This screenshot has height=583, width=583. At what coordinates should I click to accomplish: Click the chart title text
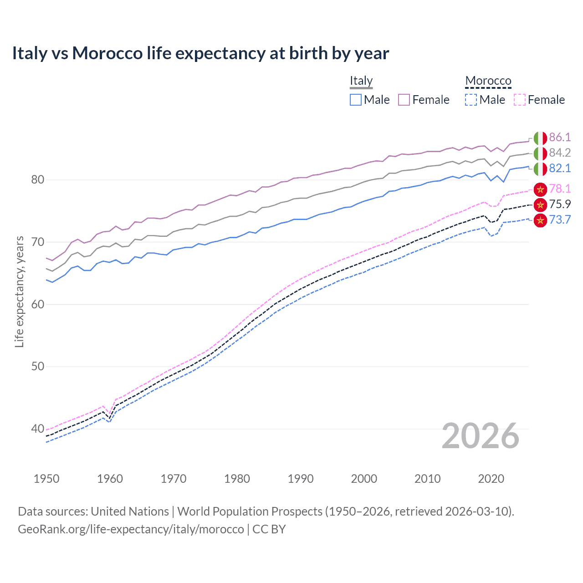tap(200, 53)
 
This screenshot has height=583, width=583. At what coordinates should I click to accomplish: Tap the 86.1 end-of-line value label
tap(560, 137)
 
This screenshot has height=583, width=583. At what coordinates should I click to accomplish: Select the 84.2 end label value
tap(560, 153)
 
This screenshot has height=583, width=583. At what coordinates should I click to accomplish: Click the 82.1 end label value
tap(560, 168)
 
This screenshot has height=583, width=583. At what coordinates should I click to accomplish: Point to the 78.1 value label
tap(560, 189)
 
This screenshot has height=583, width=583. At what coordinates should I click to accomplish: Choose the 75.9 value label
tap(560, 204)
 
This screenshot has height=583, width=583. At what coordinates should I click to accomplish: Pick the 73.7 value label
tap(560, 220)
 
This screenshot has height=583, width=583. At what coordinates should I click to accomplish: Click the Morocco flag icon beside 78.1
tap(540, 189)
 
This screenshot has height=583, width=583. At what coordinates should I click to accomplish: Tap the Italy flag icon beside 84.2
tap(540, 153)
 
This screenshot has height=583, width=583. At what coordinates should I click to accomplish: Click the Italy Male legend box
tap(356, 100)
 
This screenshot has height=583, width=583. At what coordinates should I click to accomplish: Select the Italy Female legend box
tap(404, 100)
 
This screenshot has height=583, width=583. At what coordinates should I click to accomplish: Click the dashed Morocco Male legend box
tap(471, 100)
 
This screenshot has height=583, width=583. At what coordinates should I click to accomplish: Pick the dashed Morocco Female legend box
tap(520, 100)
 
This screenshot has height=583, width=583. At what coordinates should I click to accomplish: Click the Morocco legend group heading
tap(488, 81)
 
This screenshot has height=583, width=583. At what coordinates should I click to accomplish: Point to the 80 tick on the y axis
tap(38, 179)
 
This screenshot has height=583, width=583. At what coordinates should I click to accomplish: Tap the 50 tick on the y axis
tap(38, 366)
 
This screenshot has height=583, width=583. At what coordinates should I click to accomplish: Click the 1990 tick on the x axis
tap(301, 479)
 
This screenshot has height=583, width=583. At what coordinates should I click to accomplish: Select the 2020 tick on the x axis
tap(491, 479)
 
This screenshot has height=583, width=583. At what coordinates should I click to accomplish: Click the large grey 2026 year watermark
tap(481, 436)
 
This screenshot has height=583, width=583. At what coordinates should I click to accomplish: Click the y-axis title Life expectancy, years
tap(19, 291)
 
